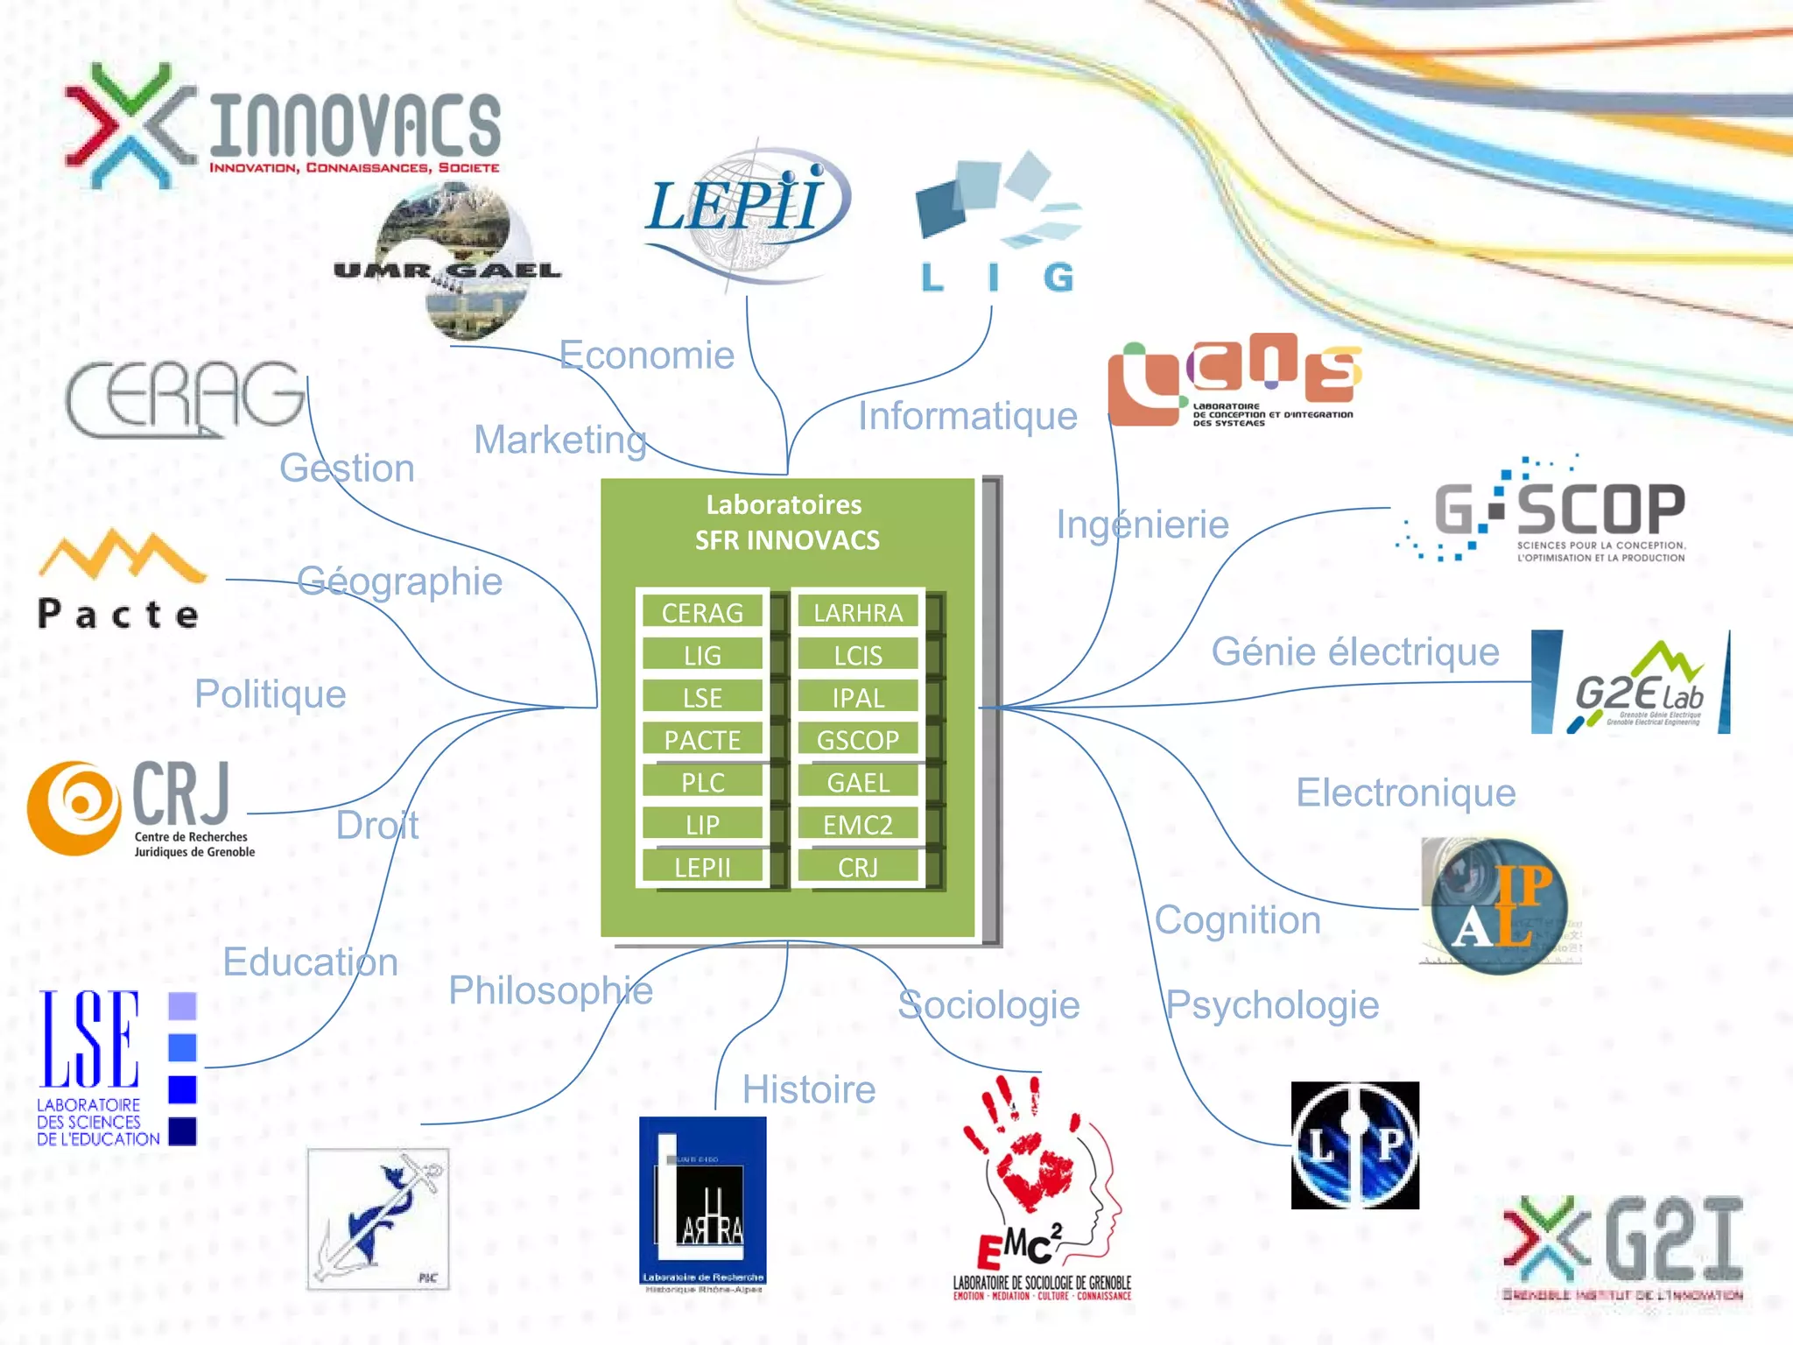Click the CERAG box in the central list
[x=702, y=612]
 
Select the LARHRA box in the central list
[x=857, y=612]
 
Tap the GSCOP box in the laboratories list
[x=857, y=740]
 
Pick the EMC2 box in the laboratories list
[x=857, y=825]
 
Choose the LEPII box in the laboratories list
[x=702, y=867]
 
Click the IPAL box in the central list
[x=857, y=698]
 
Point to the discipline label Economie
[x=646, y=356]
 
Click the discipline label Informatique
[x=967, y=416]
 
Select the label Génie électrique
[x=1354, y=652]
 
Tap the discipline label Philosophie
[x=551, y=991]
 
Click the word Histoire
[x=809, y=1090]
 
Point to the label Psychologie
[x=1272, y=1005]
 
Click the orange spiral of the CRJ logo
[x=75, y=806]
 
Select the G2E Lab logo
[x=1630, y=683]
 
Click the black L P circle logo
[x=1354, y=1145]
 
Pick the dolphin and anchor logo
[x=378, y=1219]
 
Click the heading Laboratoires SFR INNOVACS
[x=786, y=522]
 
